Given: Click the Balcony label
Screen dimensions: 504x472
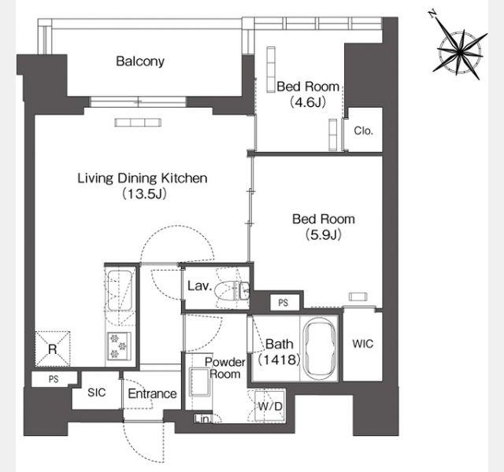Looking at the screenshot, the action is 140,61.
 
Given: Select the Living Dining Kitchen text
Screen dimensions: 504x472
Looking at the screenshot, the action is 142,178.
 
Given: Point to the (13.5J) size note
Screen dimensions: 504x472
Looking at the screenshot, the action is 144,194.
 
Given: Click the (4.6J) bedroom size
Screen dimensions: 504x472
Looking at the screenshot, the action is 308,102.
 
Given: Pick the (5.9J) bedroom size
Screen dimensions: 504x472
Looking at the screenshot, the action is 323,234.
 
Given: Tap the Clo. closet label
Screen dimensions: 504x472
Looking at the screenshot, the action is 363,131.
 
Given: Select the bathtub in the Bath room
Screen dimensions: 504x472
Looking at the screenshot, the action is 320,348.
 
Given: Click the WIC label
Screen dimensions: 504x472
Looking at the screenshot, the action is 363,344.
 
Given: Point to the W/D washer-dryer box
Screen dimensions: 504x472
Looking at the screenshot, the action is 269,406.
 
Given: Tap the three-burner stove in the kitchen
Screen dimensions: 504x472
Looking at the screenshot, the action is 119,346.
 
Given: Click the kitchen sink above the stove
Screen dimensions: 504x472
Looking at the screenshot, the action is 120,290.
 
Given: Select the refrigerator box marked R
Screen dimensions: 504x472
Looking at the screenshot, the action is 53,348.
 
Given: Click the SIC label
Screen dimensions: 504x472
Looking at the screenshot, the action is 96,392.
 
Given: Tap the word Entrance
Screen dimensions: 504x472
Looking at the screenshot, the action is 152,393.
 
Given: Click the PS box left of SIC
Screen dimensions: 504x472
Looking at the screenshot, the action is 54,379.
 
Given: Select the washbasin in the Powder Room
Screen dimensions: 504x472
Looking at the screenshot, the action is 199,382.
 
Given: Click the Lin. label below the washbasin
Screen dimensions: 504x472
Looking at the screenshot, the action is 202,419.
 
